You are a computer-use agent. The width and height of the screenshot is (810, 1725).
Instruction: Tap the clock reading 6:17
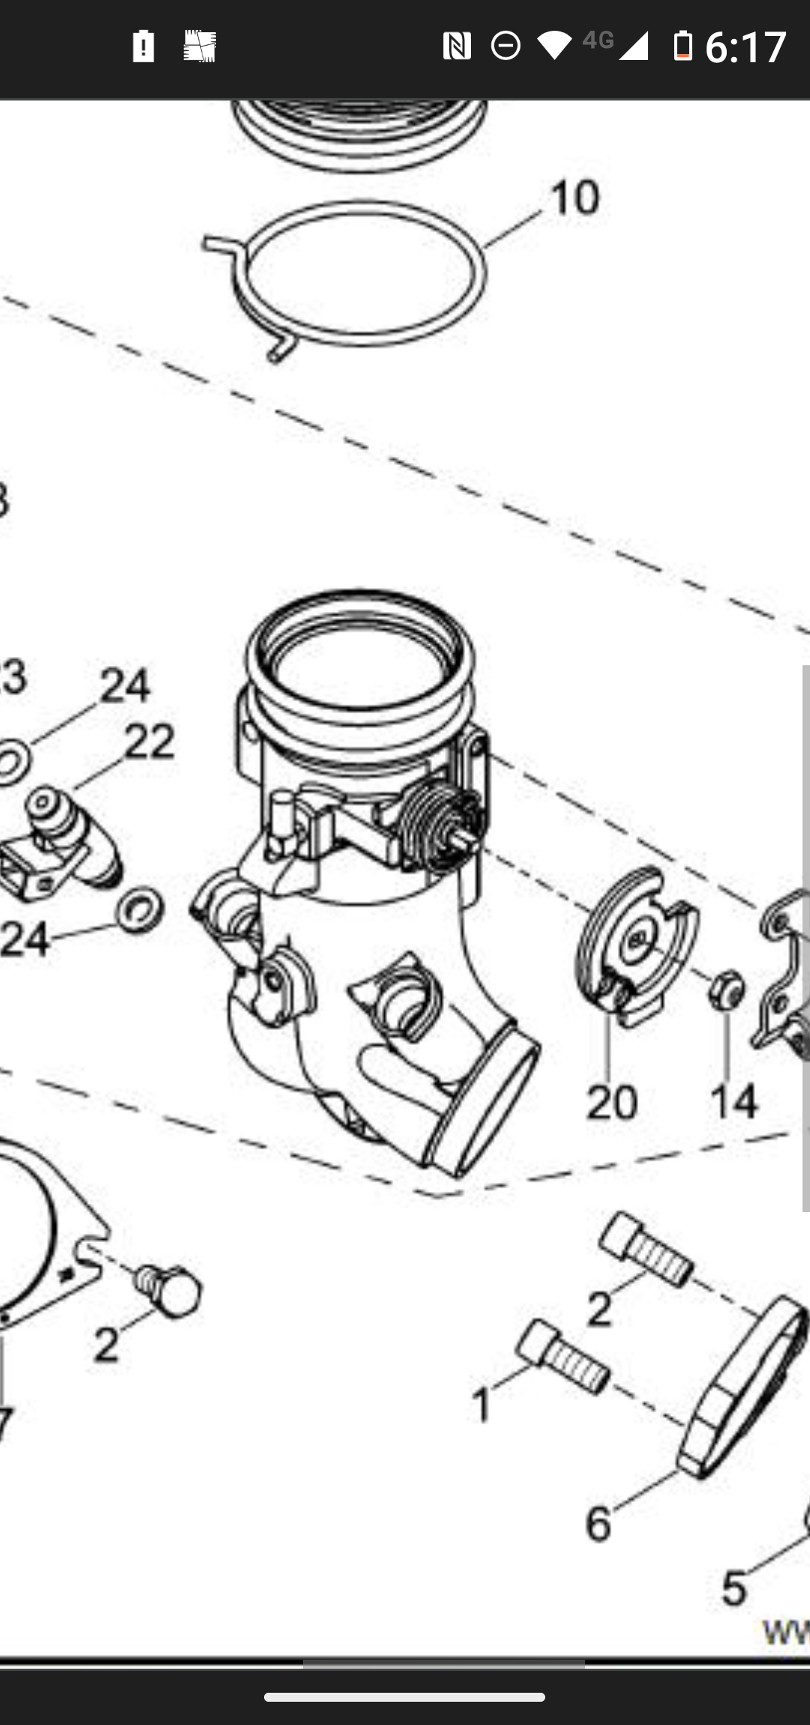(745, 46)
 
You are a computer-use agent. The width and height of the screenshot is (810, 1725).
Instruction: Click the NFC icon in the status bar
(456, 46)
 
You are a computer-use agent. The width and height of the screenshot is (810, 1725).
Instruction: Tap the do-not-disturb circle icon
(505, 46)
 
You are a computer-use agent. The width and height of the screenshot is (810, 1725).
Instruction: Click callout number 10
(575, 198)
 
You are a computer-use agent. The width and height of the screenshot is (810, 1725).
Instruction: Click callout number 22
(149, 742)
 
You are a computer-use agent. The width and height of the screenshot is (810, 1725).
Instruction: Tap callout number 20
(611, 1102)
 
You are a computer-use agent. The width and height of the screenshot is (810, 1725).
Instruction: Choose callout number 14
(734, 1102)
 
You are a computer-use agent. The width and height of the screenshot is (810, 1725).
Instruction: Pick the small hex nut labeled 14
(726, 989)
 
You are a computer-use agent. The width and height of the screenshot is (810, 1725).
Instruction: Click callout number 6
(598, 1523)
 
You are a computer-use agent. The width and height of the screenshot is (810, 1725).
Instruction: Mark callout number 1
(481, 1405)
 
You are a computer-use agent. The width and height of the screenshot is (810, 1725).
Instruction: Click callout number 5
(734, 1588)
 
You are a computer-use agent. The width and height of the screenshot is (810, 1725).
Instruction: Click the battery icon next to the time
(682, 46)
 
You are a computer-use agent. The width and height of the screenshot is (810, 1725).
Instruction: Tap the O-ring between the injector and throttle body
(139, 910)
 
